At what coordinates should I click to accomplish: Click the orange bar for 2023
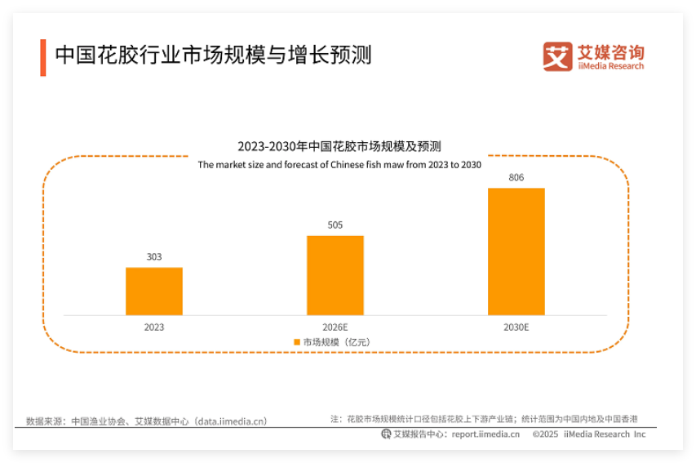click(153, 291)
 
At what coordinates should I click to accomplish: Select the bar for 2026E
click(335, 275)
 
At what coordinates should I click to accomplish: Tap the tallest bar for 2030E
click(516, 252)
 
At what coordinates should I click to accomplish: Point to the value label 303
click(153, 257)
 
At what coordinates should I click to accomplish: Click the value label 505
click(335, 225)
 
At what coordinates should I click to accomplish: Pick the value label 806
click(516, 177)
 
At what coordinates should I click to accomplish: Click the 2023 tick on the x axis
click(153, 327)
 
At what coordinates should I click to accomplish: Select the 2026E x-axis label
click(335, 327)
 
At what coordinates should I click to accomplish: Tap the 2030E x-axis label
click(516, 327)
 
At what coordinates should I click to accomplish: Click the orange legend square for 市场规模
click(297, 342)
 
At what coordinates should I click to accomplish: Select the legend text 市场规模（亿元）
click(336, 342)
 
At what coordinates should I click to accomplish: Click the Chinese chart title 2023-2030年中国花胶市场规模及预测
click(339, 147)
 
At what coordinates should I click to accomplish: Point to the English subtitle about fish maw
click(339, 164)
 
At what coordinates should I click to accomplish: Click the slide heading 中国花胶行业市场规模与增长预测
click(213, 55)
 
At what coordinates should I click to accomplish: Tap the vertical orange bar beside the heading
click(42, 56)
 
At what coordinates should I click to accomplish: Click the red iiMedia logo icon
click(557, 56)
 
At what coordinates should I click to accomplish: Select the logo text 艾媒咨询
click(610, 51)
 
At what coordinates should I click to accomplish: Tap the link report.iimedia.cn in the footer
click(485, 434)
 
